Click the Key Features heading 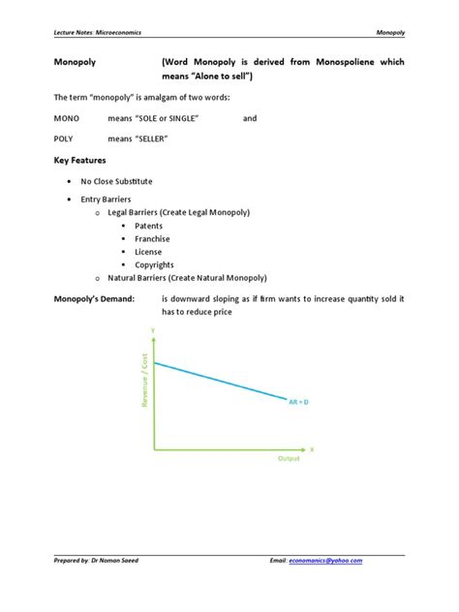[x=79, y=160]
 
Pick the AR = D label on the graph [x=298, y=400]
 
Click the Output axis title [x=289, y=458]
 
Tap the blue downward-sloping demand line [x=223, y=379]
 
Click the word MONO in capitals [x=67, y=118]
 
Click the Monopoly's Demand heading [x=93, y=299]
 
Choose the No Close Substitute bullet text [x=116, y=181]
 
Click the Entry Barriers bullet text [x=105, y=199]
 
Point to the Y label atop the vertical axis [x=152, y=331]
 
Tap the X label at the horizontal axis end [x=313, y=449]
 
